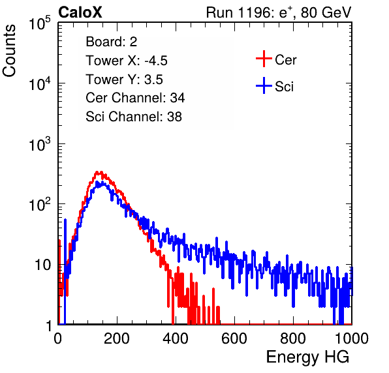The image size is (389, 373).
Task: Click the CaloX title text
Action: (80, 12)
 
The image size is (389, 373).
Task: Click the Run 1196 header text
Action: (279, 12)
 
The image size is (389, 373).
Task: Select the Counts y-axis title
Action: (9, 51)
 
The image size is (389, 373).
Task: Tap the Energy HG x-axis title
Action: (307, 357)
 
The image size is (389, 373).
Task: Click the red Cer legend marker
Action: (264, 59)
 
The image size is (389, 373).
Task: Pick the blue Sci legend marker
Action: (264, 85)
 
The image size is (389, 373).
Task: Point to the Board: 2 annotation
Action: (112, 42)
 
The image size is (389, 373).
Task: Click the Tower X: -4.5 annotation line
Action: (127, 61)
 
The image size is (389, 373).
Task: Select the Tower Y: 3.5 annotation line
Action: (124, 80)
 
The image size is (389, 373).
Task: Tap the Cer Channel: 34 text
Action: (135, 98)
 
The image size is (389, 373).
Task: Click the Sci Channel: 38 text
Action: (134, 117)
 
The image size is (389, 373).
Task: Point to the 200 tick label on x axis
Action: (117, 338)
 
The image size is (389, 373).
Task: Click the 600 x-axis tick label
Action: (234, 338)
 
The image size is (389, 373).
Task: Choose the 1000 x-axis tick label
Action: (352, 338)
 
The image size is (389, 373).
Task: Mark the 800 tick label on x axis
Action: (293, 338)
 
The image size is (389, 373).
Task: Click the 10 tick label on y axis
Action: (43, 265)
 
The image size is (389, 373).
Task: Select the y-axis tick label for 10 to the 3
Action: (40, 143)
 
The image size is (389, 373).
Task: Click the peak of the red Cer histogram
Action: (99, 172)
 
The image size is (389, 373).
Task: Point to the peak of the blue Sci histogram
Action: (97, 182)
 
